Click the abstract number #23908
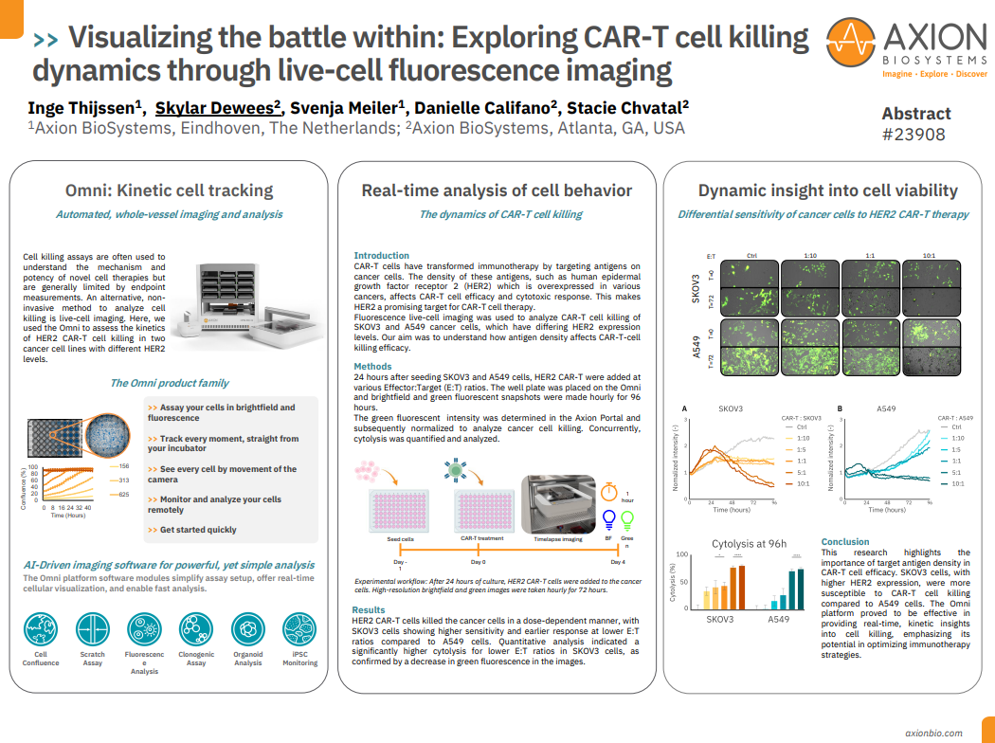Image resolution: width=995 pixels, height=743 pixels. point(914,135)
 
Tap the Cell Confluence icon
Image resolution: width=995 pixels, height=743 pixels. point(41,629)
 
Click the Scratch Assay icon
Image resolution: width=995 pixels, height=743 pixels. point(93,629)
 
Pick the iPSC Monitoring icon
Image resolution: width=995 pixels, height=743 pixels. point(299,629)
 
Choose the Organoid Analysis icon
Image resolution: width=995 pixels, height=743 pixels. point(248,629)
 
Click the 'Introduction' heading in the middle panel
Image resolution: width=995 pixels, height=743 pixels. point(381,255)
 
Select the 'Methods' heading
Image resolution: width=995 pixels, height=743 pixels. point(372,366)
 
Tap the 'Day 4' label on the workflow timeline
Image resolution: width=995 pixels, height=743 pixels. point(618,562)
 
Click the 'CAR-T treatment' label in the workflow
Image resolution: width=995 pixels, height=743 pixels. point(481,538)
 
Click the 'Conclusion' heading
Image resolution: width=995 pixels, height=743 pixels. point(845,542)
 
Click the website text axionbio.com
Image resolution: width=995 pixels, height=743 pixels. point(933,733)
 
